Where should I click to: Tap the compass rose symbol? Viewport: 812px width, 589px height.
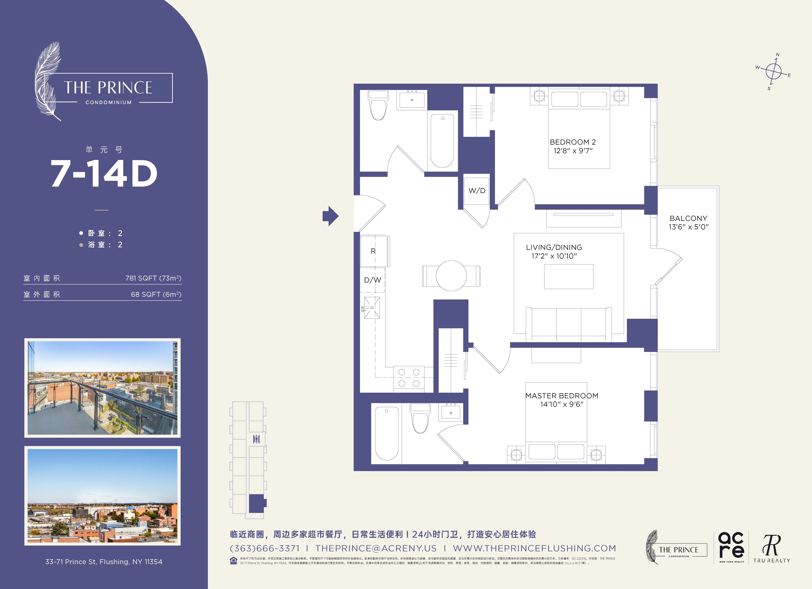773,72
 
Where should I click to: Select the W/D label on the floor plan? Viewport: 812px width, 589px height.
477,191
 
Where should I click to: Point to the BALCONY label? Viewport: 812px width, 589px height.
688,218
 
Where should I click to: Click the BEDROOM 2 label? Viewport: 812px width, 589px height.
573,142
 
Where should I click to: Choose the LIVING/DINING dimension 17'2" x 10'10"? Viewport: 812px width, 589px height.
554,256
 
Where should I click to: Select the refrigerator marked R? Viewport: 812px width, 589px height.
373,251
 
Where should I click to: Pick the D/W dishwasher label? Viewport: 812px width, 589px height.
372,280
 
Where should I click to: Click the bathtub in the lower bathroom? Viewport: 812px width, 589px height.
387,433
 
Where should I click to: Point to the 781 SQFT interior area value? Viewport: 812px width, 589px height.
153,278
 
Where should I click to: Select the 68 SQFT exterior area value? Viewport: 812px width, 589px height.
156,294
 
